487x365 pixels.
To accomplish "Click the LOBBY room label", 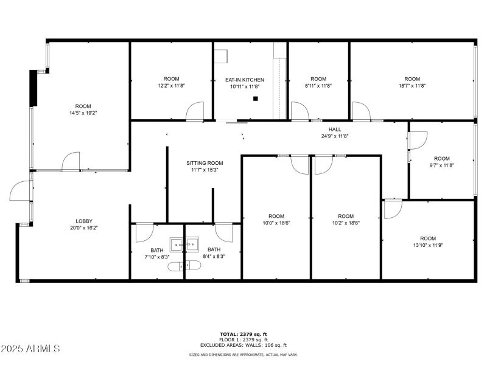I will point(84,221).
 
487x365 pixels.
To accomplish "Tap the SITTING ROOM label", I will point(205,163).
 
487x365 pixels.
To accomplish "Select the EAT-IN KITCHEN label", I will point(244,80).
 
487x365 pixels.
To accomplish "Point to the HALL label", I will point(335,129).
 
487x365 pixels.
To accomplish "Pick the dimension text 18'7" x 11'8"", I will point(412,86).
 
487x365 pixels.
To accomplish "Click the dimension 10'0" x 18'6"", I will point(276,223).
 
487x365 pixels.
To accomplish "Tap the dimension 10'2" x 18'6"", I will point(346,223).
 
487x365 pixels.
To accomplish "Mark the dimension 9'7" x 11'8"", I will point(441,165).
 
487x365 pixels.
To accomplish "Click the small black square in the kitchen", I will point(256,99).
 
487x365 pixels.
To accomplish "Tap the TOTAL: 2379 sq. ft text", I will point(243,335).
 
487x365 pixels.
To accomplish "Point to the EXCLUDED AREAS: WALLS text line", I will point(243,345).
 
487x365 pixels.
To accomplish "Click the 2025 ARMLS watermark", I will point(30,349).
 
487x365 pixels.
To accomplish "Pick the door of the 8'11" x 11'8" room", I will point(300,111).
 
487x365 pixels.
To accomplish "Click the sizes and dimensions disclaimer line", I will point(243,355).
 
